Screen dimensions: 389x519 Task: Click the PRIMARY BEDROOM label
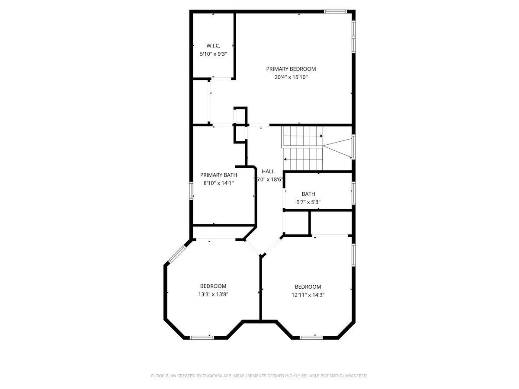click(291, 69)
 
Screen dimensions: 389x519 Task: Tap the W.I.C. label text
click(213, 45)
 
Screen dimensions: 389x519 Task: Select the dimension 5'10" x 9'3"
click(213, 54)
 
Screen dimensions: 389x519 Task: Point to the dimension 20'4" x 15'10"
click(291, 77)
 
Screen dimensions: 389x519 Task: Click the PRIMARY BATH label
click(218, 175)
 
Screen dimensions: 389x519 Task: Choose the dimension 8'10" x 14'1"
click(218, 183)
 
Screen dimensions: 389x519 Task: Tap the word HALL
click(268, 171)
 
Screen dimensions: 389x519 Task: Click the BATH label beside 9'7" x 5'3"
click(308, 194)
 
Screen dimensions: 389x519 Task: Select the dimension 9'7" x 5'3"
click(308, 202)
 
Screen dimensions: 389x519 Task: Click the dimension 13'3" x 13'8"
click(213, 294)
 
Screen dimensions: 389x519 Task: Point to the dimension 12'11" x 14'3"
click(308, 295)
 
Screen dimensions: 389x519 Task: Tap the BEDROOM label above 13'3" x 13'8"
click(213, 286)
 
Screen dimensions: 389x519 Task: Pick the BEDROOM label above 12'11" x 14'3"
click(308, 287)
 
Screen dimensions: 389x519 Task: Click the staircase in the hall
click(303, 148)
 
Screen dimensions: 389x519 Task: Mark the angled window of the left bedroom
click(176, 254)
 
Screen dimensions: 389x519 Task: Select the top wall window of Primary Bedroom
click(336, 12)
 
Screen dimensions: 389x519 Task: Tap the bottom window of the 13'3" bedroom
click(202, 337)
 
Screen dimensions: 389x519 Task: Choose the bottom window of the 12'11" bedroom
click(311, 337)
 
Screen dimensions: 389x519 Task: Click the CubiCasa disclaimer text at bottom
click(259, 376)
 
